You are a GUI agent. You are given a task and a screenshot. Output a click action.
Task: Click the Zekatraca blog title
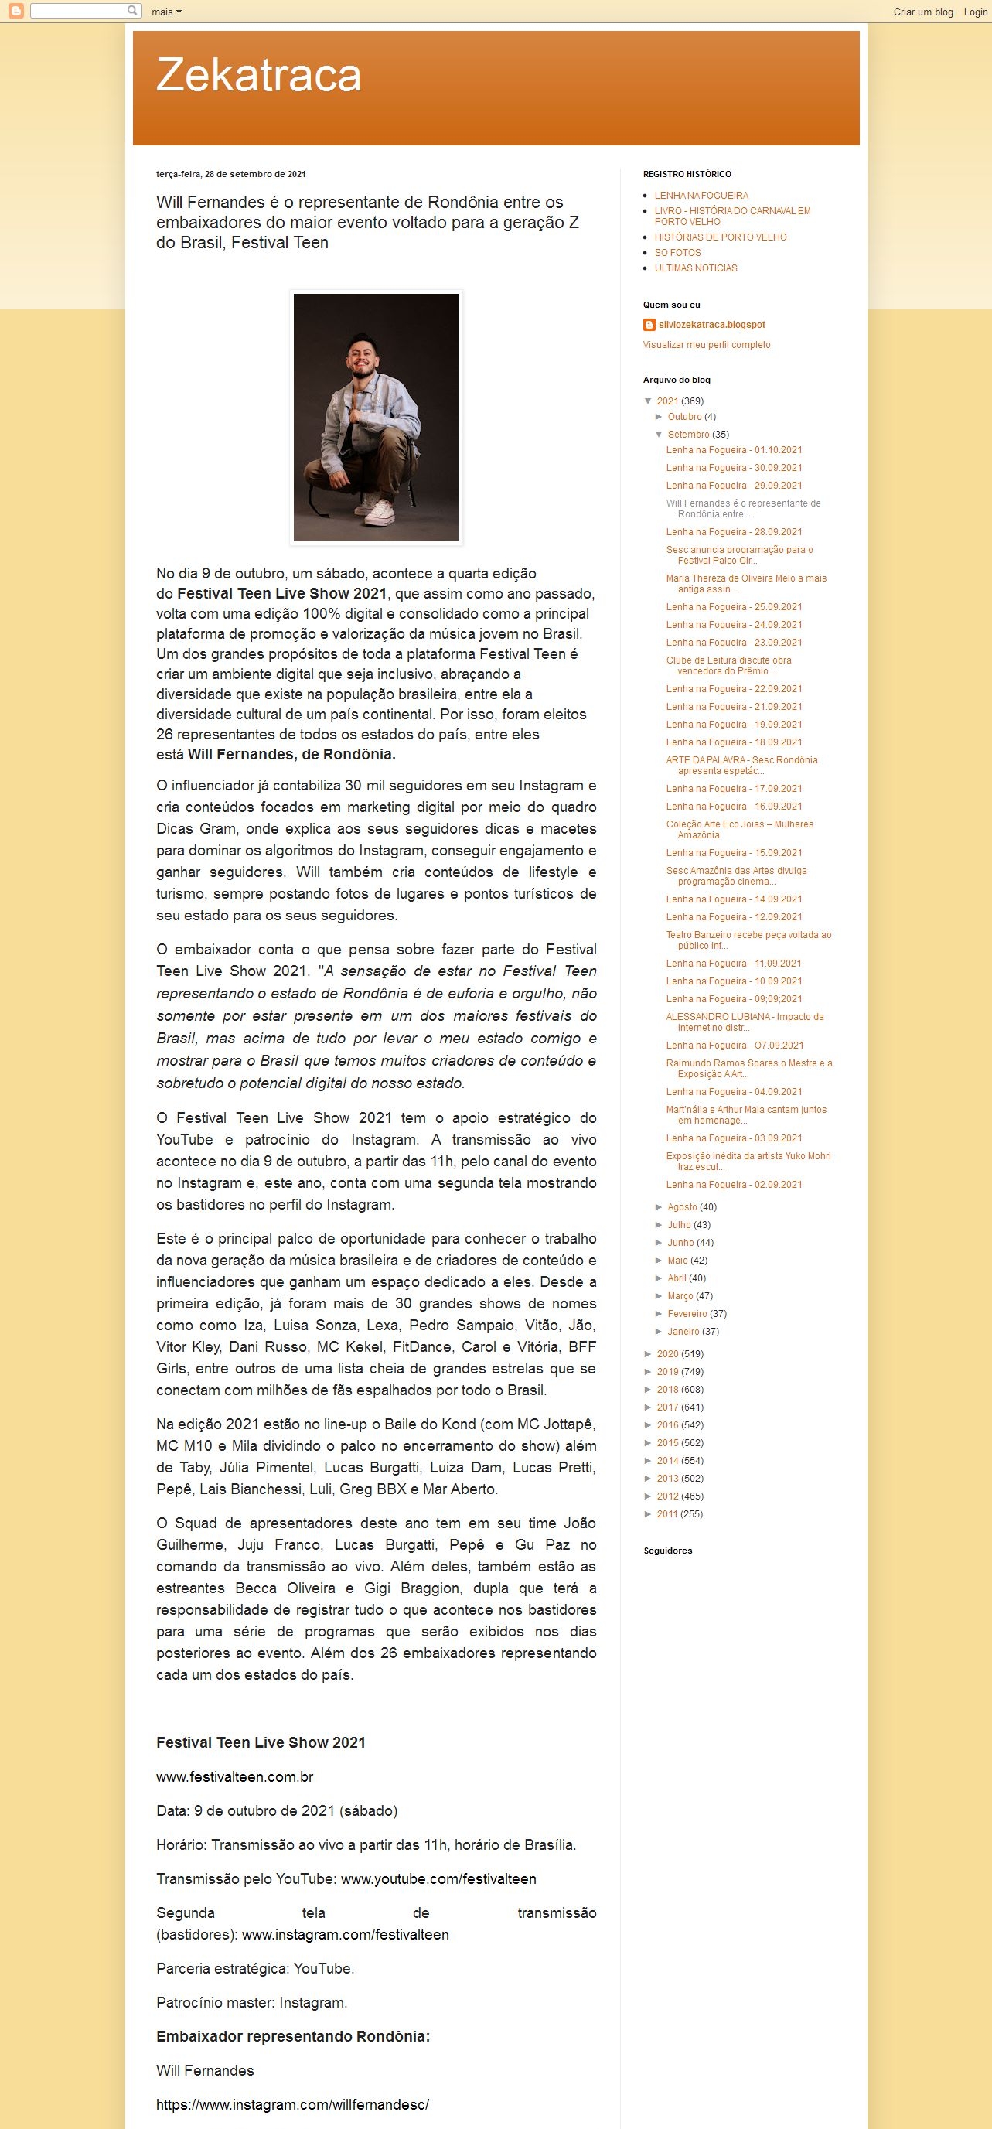pos(258,75)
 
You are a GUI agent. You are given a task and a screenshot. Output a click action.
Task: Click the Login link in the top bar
pos(975,12)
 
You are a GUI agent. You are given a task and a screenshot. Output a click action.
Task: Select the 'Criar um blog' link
pos(922,12)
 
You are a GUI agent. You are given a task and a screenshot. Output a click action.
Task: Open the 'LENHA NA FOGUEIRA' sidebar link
pos(701,196)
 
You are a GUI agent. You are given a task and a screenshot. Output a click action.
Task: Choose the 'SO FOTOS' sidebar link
pos(677,253)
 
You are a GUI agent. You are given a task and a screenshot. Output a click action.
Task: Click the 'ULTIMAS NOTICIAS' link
pos(695,268)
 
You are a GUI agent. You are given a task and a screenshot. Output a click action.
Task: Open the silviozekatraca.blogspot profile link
pos(711,325)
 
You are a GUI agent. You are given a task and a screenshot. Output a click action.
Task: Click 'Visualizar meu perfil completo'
pos(706,345)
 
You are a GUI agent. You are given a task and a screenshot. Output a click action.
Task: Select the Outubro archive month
pos(684,418)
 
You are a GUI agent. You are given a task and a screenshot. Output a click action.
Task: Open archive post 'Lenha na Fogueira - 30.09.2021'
pos(734,468)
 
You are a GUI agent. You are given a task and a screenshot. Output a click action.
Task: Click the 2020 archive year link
pos(667,1354)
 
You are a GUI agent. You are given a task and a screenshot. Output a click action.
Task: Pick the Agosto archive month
pos(681,1207)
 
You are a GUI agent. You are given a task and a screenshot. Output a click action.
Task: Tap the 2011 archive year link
pos(667,1514)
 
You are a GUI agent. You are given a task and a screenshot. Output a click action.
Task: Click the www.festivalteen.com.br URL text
pos(234,1777)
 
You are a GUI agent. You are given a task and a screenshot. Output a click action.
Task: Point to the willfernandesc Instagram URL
pos(292,2104)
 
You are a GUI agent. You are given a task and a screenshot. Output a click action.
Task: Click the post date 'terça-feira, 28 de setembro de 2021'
pos(230,174)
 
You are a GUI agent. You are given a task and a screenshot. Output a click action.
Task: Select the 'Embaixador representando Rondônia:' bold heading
pos(292,2036)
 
